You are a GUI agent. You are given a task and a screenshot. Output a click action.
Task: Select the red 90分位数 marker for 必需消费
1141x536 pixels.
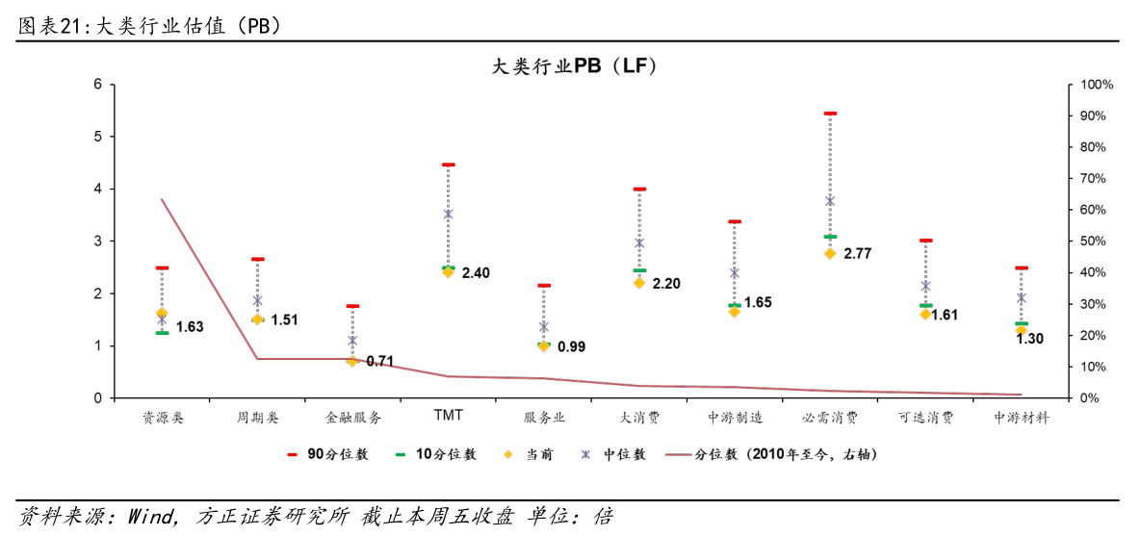[x=830, y=114]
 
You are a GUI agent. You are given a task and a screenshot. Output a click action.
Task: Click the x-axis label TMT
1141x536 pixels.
[x=448, y=415]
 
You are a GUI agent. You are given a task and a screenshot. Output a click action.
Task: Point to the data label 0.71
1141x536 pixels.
[x=380, y=362]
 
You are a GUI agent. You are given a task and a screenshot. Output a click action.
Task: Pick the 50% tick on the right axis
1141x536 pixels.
[x=1094, y=242]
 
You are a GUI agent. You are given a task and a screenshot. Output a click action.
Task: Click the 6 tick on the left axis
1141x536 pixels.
[x=97, y=85]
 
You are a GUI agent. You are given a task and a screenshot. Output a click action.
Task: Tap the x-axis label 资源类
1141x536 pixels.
[x=162, y=418]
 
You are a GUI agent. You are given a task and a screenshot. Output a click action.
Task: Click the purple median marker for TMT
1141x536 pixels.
[x=448, y=215]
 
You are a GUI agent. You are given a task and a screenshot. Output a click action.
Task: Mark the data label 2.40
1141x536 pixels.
[x=476, y=273]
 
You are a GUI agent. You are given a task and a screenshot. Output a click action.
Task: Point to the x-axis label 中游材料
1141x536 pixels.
[x=1021, y=418]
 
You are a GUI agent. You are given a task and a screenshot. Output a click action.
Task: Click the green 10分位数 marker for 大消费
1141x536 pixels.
[x=639, y=270]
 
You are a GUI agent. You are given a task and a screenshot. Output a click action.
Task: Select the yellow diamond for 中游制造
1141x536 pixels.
[x=735, y=312]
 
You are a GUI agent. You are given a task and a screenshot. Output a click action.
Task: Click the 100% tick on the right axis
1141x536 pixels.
[x=1097, y=85]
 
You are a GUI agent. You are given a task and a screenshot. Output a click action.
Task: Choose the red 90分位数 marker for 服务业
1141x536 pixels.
[x=544, y=286]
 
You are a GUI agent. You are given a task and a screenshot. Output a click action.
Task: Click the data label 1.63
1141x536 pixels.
[x=190, y=327]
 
